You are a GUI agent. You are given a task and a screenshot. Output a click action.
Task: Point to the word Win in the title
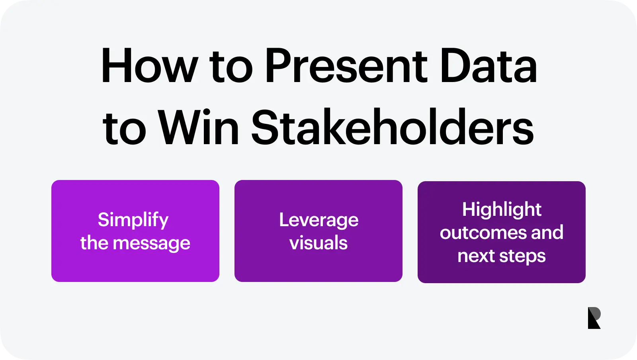point(198,127)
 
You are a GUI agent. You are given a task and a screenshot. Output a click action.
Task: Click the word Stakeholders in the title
point(393,127)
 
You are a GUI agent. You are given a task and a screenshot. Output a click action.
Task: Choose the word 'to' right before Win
point(124,129)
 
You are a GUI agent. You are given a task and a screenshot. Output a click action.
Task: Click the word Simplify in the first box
point(133,220)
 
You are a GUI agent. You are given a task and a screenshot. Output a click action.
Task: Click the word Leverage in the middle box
point(318,220)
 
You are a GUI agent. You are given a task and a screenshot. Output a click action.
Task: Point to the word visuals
point(318,243)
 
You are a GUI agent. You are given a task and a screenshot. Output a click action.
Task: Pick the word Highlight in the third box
point(502,210)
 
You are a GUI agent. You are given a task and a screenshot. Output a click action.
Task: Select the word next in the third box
point(476,256)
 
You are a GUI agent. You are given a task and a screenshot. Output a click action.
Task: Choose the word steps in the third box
point(522,256)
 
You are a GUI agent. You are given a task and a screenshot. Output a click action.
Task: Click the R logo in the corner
point(594,318)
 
